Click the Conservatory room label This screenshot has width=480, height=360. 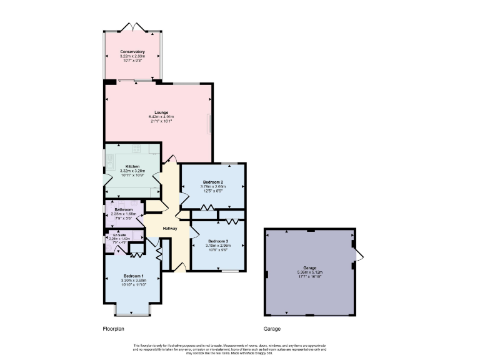click(132, 51)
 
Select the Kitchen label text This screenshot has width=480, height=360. click(132, 166)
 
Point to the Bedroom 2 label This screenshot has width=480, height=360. click(213, 182)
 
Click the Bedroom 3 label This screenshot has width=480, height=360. click(218, 241)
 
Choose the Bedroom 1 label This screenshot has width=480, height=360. click(134, 276)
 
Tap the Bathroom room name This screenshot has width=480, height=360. click(123, 210)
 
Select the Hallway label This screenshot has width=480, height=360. click(171, 228)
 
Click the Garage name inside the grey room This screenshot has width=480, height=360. click(311, 267)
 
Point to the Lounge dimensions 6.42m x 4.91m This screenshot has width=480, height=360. click(161, 117)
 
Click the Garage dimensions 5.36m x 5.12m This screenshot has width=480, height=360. click(311, 272)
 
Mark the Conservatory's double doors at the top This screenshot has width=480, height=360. click(132, 27)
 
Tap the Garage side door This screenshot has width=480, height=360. click(359, 254)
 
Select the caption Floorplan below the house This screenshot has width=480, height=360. click(116, 328)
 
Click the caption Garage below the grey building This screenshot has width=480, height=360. click(272, 328)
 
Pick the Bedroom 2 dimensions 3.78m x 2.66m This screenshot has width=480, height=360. click(213, 186)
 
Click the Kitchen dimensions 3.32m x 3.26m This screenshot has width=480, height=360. click(132, 171)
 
